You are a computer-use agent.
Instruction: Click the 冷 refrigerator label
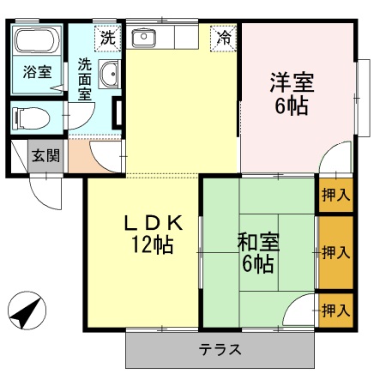pos(223,37)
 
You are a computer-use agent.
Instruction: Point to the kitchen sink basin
pos(142,39)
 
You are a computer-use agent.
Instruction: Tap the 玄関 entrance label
pos(45,156)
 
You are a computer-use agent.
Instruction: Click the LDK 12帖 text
pos(152,233)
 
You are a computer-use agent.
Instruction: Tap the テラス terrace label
pos(220,350)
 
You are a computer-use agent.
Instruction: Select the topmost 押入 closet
pos(335,195)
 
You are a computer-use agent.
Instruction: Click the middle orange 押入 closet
pos(335,252)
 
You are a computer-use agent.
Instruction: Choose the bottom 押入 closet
pos(335,309)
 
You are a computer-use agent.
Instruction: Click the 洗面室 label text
pos(86,80)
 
